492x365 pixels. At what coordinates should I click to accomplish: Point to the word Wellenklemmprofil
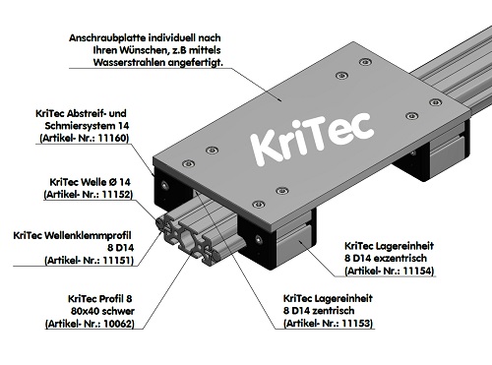[98, 235]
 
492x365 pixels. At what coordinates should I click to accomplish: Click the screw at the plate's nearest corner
[259, 204]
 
